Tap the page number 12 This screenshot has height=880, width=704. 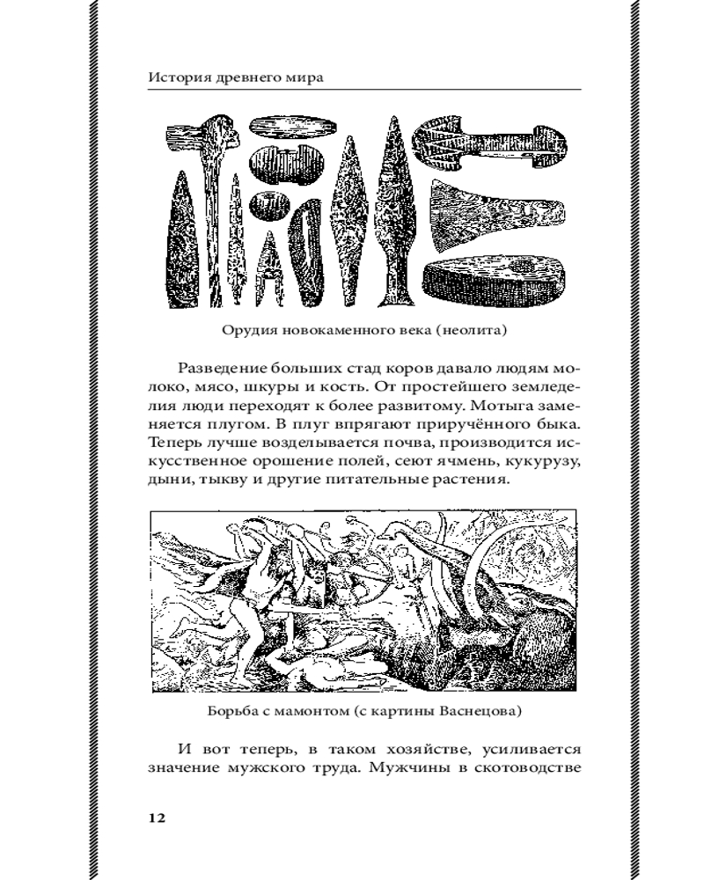156,818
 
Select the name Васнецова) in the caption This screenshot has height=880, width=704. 482,709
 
